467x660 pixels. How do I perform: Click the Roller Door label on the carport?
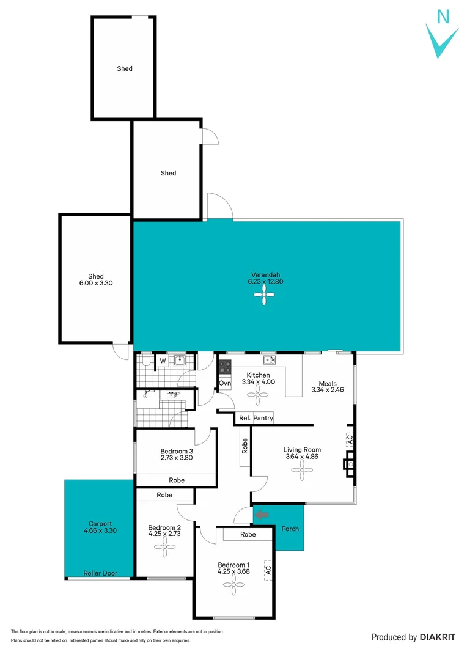[100, 573]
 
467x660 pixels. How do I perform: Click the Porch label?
[290, 529]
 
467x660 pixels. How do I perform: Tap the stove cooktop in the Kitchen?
[225, 367]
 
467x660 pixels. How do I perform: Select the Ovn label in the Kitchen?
[225, 383]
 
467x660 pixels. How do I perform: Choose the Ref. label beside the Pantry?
[245, 418]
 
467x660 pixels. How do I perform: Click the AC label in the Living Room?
[350, 439]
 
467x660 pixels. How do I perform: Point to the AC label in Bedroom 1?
[267, 569]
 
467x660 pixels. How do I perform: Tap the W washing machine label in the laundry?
[163, 361]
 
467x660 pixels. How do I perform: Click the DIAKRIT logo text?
[437, 637]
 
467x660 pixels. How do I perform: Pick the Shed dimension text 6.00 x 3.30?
[96, 284]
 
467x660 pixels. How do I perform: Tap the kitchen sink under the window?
[268, 360]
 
